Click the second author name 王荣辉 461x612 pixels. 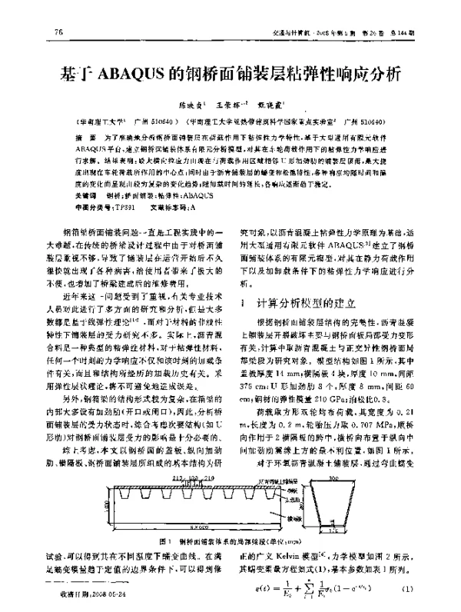pos(229,105)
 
